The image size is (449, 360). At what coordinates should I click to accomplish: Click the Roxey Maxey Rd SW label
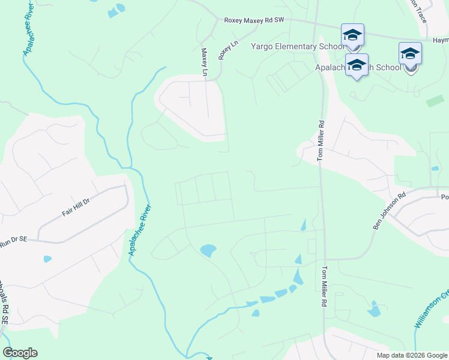[x=253, y=20]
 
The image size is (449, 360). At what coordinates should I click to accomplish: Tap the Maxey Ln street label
[x=204, y=62]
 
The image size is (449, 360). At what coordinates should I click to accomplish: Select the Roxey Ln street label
[x=224, y=50]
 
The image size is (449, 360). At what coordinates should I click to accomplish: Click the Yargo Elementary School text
[x=297, y=46]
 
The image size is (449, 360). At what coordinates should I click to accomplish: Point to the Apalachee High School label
[x=358, y=67]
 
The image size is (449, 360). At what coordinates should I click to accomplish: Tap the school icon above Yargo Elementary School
[x=352, y=35]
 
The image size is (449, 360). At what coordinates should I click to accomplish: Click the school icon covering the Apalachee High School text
[x=357, y=65]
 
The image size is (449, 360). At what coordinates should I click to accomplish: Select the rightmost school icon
[x=410, y=54]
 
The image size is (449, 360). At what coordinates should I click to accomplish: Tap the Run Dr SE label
[x=14, y=240]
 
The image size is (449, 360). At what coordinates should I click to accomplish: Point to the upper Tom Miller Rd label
[x=321, y=141]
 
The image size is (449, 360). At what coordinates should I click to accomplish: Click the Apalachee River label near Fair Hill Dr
[x=140, y=230]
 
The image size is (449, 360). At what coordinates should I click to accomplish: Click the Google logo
[x=20, y=353]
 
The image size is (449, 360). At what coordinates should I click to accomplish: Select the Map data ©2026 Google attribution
[x=411, y=355]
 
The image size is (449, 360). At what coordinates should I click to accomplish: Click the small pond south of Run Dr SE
[x=47, y=259]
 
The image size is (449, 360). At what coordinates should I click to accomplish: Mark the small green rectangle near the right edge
[x=435, y=101]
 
